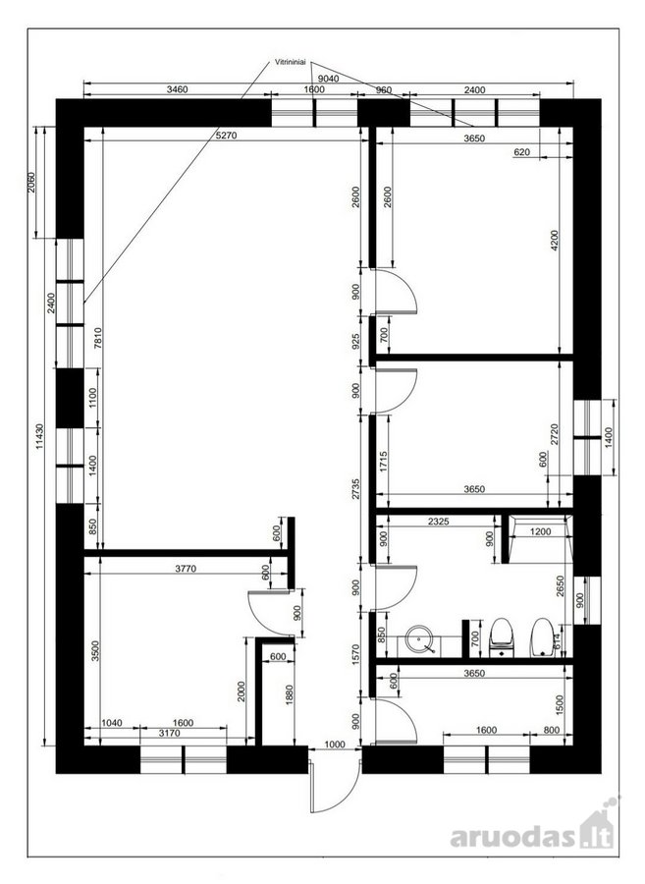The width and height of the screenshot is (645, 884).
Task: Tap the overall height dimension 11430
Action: (39, 437)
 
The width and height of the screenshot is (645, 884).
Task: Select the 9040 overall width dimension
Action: (329, 79)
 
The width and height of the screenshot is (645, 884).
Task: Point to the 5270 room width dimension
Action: (227, 136)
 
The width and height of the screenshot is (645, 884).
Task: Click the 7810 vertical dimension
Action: (97, 339)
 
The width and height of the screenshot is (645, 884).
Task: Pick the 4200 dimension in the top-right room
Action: (554, 241)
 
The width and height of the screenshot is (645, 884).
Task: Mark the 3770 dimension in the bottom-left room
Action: (186, 569)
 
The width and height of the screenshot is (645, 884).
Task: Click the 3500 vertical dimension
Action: (95, 651)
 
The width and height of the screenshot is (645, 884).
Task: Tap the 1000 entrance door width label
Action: (335, 745)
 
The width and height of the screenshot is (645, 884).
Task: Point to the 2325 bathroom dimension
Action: (438, 522)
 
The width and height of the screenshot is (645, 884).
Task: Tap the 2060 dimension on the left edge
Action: (31, 182)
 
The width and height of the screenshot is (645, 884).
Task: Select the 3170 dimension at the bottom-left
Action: (169, 733)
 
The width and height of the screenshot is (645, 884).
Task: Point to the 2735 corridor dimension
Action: (354, 489)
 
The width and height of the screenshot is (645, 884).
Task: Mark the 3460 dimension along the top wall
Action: (177, 89)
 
